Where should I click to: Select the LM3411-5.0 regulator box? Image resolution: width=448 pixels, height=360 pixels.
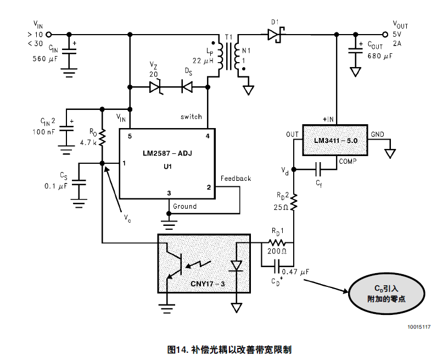click(x=335, y=141)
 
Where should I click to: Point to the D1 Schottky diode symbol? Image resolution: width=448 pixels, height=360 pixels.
click(x=275, y=35)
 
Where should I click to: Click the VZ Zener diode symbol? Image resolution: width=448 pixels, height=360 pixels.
click(x=155, y=86)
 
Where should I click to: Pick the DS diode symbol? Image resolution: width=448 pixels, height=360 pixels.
click(x=188, y=86)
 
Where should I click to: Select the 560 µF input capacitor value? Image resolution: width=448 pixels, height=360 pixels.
click(x=45, y=58)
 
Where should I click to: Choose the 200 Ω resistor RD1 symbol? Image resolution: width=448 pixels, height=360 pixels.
click(x=277, y=242)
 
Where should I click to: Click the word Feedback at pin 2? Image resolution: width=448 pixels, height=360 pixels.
click(x=236, y=179)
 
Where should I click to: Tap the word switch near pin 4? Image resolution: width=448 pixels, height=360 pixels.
click(x=191, y=117)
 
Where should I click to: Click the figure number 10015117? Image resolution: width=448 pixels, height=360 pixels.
click(x=419, y=327)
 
